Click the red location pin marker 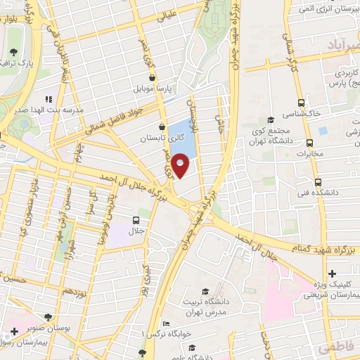(x=181, y=166)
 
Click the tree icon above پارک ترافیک (x=14, y=51)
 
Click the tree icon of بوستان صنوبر (x=48, y=316)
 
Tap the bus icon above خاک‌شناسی (x=302, y=101)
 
